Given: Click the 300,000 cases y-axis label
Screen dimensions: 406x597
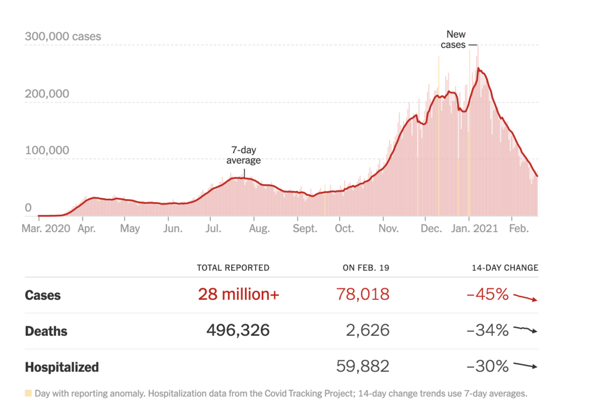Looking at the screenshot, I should [x=63, y=36].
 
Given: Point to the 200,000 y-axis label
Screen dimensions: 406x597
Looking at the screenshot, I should [x=47, y=94].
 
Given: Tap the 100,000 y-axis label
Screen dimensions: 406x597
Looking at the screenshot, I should [x=47, y=150].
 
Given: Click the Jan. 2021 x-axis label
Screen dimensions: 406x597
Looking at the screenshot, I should [x=476, y=228].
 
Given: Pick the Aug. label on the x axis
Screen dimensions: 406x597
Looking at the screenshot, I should [x=259, y=228].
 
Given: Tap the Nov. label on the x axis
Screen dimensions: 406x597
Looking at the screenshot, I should [x=388, y=228].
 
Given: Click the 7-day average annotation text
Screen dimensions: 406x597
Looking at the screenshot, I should [x=244, y=155].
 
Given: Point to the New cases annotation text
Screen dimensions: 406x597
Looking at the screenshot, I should [x=453, y=40].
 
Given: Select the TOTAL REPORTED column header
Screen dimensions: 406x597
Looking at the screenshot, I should [x=233, y=267].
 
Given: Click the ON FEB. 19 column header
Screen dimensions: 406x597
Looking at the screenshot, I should [x=366, y=267].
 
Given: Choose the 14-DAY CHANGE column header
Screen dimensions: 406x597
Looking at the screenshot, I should [x=505, y=267].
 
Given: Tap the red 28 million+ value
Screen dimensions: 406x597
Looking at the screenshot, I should [x=238, y=294].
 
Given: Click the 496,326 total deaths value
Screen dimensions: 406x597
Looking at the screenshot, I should [x=238, y=330].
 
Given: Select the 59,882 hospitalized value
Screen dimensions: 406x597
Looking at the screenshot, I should [x=362, y=366].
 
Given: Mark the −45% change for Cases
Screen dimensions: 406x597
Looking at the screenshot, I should [x=487, y=294].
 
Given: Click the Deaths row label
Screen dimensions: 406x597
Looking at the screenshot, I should [x=46, y=331].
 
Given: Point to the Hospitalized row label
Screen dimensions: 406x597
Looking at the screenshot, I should [x=61, y=366].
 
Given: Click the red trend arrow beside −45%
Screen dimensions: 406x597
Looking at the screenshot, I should [x=525, y=297].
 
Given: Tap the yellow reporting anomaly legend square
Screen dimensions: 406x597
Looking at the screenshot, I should [x=28, y=393].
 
